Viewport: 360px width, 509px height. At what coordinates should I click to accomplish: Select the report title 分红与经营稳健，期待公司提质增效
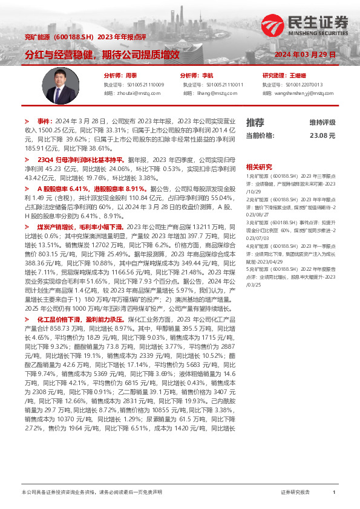(102, 54)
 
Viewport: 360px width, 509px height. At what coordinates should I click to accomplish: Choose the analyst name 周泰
(132, 76)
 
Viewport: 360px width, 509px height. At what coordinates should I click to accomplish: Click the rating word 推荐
(255, 122)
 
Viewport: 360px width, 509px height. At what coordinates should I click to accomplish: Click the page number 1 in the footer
(334, 493)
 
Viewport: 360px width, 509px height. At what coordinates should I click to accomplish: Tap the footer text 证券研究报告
(295, 493)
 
